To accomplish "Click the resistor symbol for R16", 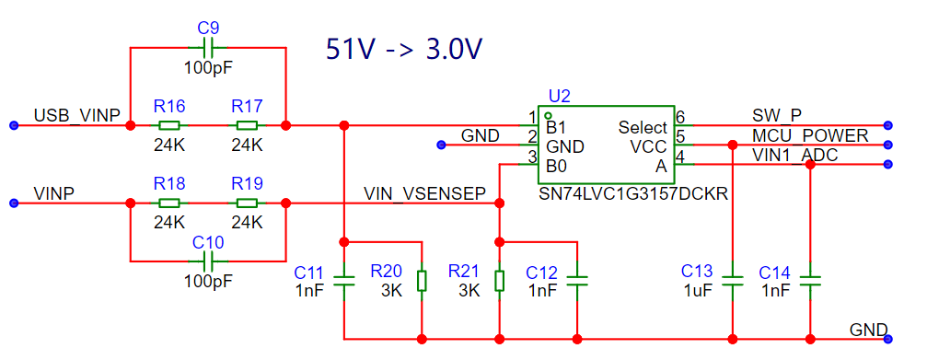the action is [169, 125].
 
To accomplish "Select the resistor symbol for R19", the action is [247, 203].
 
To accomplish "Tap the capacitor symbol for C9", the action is [207, 47].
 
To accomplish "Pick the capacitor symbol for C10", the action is [207, 260].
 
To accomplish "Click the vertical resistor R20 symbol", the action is [422, 281].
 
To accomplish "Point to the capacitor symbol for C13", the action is [733, 281].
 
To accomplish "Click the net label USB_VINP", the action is [77, 114].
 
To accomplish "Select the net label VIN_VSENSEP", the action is [425, 192].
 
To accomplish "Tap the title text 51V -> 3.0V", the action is [405, 49].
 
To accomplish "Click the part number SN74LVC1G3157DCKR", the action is [632, 194].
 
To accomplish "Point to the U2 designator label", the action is [560, 97].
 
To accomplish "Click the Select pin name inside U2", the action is [643, 127].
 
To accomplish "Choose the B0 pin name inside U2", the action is [556, 167].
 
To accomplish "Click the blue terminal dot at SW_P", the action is [887, 125].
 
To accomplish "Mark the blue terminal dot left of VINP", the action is [15, 203].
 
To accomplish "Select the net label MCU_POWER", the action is [810, 135].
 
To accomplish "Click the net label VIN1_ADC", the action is [794, 155].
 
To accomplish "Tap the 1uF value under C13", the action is [698, 290].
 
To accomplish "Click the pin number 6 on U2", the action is [680, 116].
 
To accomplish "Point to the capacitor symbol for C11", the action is [344, 281].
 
